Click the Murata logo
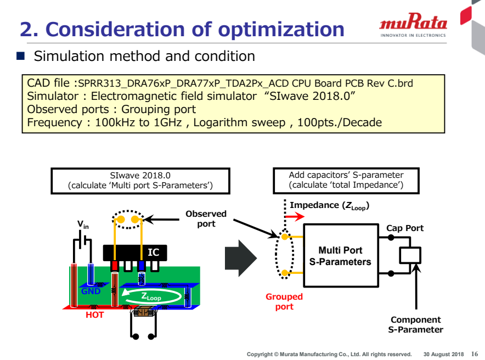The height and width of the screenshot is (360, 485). click(x=413, y=25)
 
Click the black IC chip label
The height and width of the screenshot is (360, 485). click(x=153, y=252)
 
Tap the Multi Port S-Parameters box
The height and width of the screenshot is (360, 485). click(x=340, y=256)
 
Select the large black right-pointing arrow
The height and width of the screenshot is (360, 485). click(x=240, y=256)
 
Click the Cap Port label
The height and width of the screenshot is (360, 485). click(x=405, y=228)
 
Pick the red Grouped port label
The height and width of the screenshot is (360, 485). click(x=284, y=302)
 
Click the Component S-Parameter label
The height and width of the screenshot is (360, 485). click(x=415, y=324)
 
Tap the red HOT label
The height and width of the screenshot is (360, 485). click(x=94, y=315)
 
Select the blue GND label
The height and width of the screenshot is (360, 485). click(x=91, y=291)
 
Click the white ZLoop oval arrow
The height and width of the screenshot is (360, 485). click(x=151, y=297)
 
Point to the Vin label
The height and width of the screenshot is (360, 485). click(x=83, y=224)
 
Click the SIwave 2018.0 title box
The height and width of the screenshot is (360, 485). click(x=140, y=180)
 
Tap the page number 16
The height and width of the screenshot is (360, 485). click(x=475, y=353)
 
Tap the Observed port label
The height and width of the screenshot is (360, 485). click(x=206, y=218)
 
